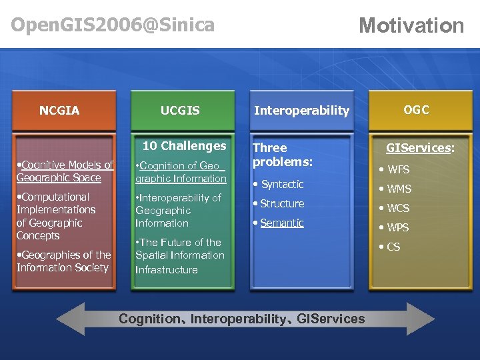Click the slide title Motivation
[x=411, y=25]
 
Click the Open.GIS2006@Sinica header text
[x=113, y=25]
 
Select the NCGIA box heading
[x=59, y=111]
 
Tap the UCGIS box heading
[x=180, y=111]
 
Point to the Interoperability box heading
[x=301, y=111]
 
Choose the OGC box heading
[x=417, y=110]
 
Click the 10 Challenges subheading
[x=185, y=145]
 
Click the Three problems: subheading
[x=282, y=155]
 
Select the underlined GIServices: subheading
[x=421, y=148]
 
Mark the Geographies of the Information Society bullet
[x=63, y=261]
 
